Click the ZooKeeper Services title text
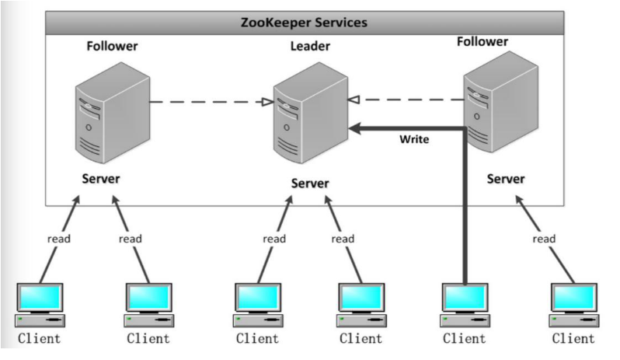pyautogui.click(x=310, y=22)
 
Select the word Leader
pyautogui.click(x=309, y=47)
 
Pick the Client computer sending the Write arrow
pyautogui.click(x=464, y=303)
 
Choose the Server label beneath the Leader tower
pyautogui.click(x=310, y=183)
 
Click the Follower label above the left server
pyautogui.click(x=113, y=47)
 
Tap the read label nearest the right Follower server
pyautogui.click(x=545, y=239)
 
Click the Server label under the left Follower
pyautogui.click(x=101, y=179)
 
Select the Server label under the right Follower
pyautogui.click(x=506, y=179)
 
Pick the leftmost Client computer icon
pyautogui.click(x=40, y=303)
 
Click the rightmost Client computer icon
pyautogui.click(x=573, y=303)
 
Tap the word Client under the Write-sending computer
pyautogui.click(x=464, y=339)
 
